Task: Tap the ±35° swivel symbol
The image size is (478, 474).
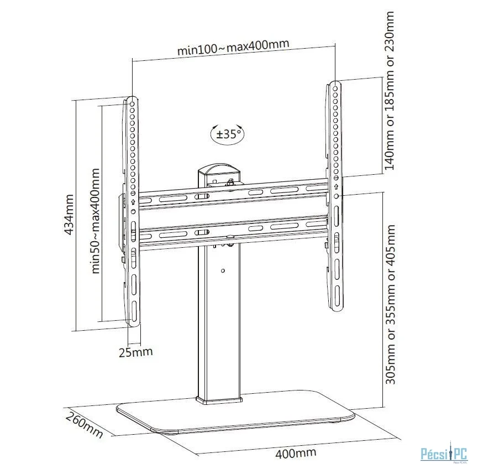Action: [x=226, y=133]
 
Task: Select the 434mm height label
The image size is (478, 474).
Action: [x=70, y=215]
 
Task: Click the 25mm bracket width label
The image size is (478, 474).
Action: [x=136, y=351]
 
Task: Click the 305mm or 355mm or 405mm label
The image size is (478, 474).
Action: [x=390, y=304]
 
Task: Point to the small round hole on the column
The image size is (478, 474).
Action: [x=222, y=270]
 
